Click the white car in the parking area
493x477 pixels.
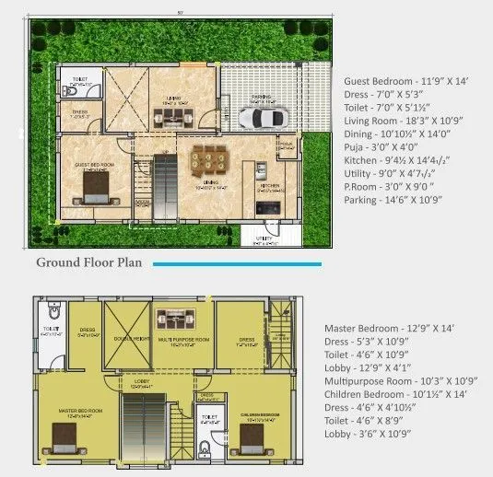[x=263, y=118]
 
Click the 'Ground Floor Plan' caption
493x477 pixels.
[x=88, y=262]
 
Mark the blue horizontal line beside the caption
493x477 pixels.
[x=237, y=264]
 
